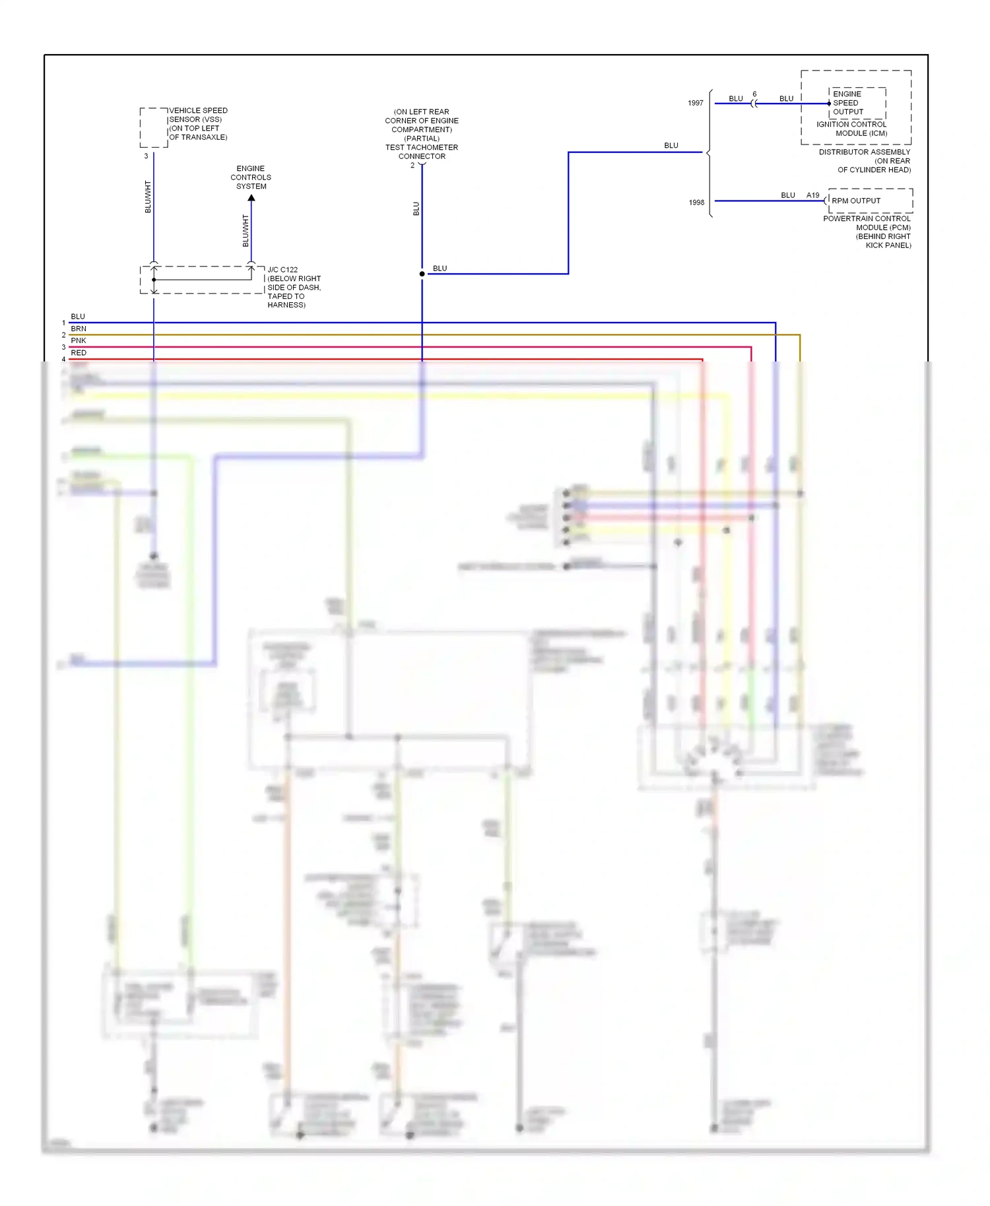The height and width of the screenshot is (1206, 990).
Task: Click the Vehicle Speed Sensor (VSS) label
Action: pyautogui.click(x=198, y=123)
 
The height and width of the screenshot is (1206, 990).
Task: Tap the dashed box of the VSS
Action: pyautogui.click(x=153, y=127)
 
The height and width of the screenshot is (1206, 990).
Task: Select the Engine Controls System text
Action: pyautogui.click(x=251, y=177)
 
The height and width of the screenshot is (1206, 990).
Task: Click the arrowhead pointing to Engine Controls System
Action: pyautogui.click(x=251, y=198)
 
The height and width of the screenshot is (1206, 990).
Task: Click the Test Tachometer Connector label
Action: pyautogui.click(x=422, y=152)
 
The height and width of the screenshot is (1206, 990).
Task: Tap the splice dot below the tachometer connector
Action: pyautogui.click(x=422, y=274)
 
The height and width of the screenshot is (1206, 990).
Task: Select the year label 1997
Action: pyautogui.click(x=696, y=103)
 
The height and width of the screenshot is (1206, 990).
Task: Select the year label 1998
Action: pyautogui.click(x=696, y=203)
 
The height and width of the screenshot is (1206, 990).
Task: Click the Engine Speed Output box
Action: pyautogui.click(x=857, y=103)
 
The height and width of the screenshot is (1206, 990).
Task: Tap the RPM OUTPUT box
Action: pyautogui.click(x=870, y=201)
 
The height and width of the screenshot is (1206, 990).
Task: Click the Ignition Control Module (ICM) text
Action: pyautogui.click(x=852, y=129)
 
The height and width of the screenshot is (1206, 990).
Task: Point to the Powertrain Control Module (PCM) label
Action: pyautogui.click(x=867, y=232)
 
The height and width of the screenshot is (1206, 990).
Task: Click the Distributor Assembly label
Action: pyautogui.click(x=865, y=160)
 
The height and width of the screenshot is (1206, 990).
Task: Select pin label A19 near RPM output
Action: pyautogui.click(x=812, y=195)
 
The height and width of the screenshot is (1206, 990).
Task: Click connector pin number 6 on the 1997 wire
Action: pyautogui.click(x=754, y=94)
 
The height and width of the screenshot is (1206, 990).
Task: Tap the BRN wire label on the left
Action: pyautogui.click(x=79, y=329)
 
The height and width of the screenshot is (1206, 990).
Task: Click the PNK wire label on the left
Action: pyautogui.click(x=79, y=340)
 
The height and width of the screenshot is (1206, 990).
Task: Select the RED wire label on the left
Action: pyautogui.click(x=79, y=353)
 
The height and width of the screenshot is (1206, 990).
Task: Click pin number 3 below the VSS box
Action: pyautogui.click(x=146, y=156)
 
